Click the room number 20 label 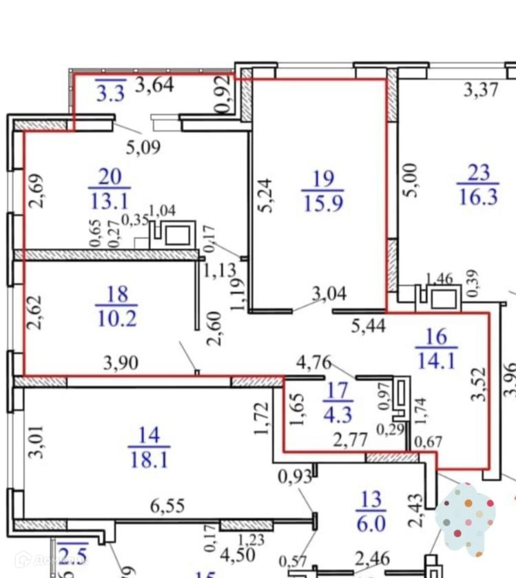click(110, 176)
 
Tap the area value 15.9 click(323, 204)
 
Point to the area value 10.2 click(118, 318)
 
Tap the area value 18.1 click(149, 459)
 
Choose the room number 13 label click(370, 499)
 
